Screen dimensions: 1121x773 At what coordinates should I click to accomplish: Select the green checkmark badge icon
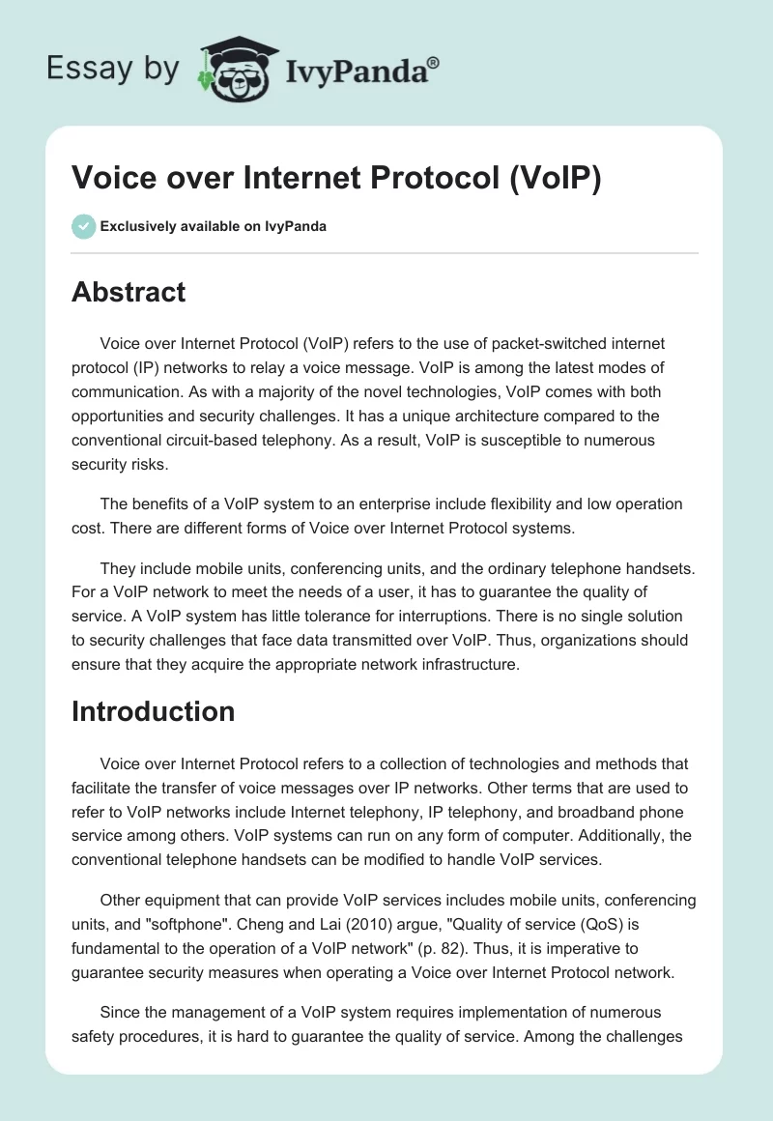click(x=83, y=226)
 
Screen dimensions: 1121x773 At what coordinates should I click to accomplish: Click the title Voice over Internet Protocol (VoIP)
click(x=336, y=178)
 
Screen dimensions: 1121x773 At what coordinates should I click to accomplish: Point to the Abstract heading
click(x=129, y=291)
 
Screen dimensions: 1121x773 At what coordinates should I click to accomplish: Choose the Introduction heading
click(x=153, y=711)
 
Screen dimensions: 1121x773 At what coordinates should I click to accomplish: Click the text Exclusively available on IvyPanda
click(x=214, y=226)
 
